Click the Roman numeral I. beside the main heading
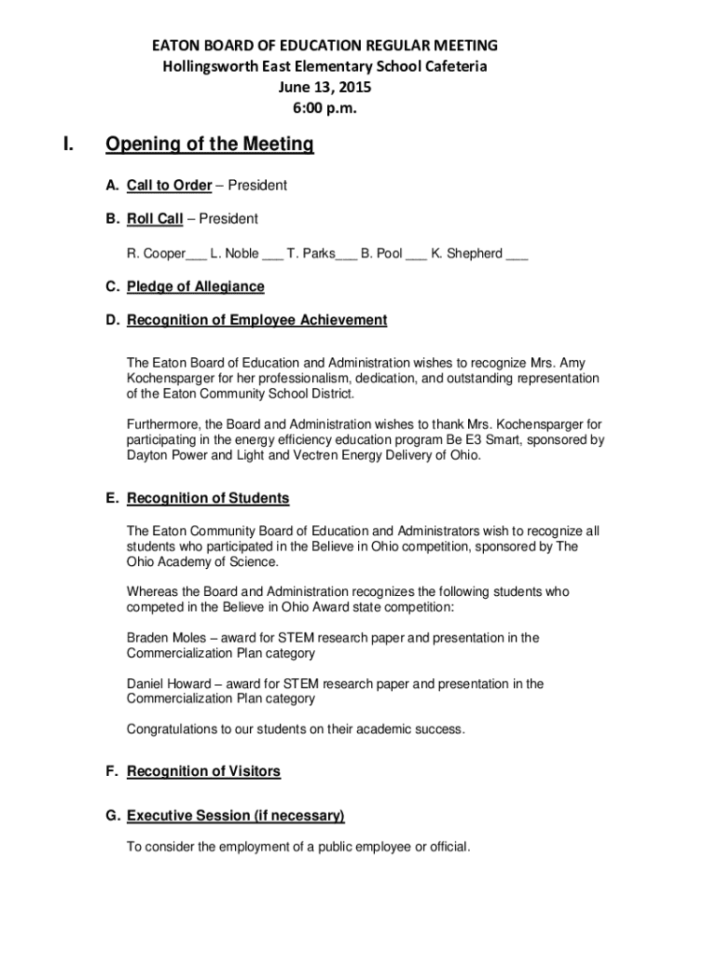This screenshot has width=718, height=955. click(68, 145)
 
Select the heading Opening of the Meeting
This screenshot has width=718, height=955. click(210, 145)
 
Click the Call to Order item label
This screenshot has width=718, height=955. click(169, 185)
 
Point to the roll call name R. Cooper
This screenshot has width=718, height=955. click(156, 253)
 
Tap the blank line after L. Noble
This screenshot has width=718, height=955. click(272, 254)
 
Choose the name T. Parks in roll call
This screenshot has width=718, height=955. click(311, 253)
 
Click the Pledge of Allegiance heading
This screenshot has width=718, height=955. click(195, 286)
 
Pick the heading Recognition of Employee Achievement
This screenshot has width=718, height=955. click(256, 320)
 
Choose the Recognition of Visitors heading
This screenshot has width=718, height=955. click(203, 771)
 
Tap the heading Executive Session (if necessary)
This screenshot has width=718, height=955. click(235, 816)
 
